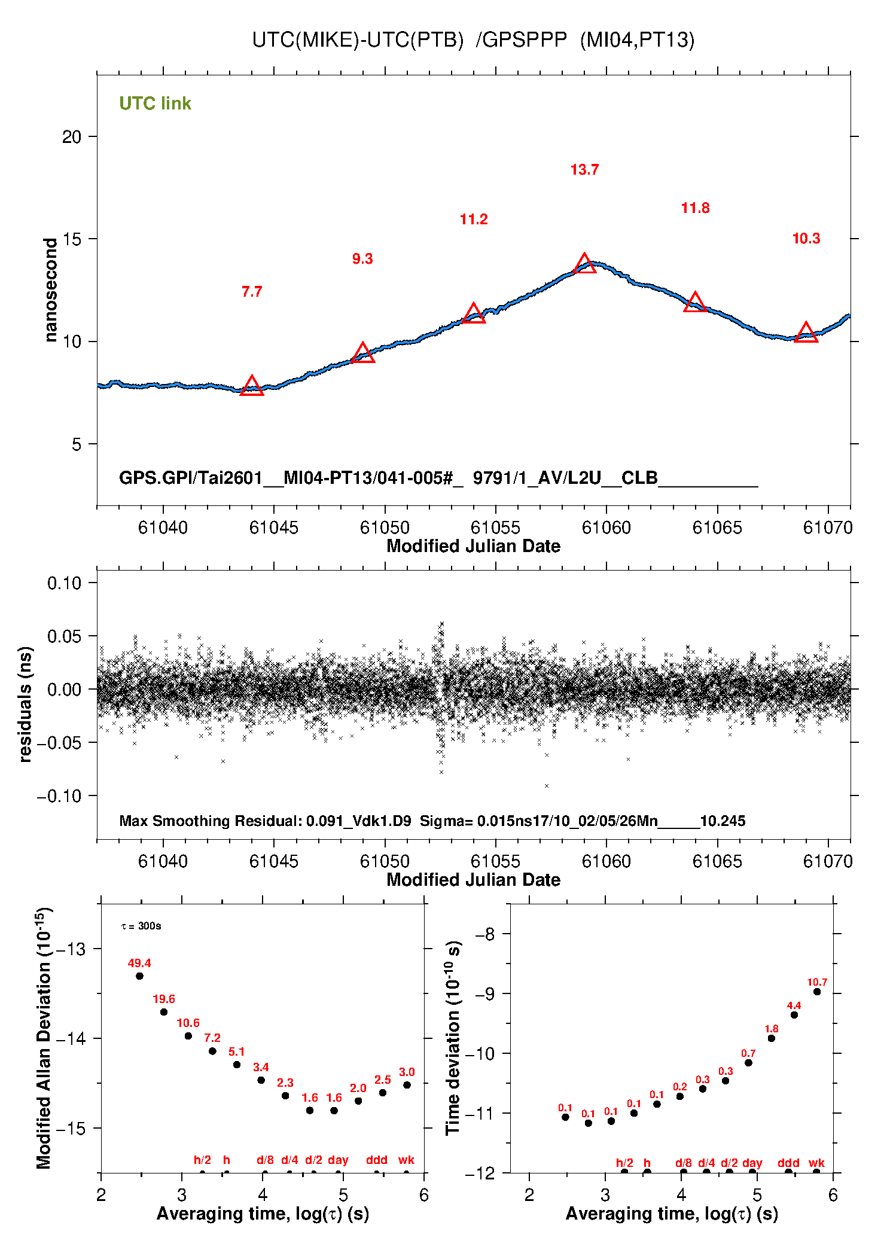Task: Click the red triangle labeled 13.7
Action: pos(584,263)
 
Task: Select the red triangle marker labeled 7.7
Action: pos(252,385)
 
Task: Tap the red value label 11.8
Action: pos(695,208)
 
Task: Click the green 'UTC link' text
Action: pos(155,103)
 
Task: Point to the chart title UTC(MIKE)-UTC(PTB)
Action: pos(358,39)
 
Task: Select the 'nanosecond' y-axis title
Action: pos(51,290)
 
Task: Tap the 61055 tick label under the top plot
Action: pos(495,528)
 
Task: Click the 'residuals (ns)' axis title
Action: pos(25,704)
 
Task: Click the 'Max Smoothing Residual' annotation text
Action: pos(209,821)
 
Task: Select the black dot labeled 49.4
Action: pos(139,976)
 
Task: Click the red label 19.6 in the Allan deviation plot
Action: pos(164,999)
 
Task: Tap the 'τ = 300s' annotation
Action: pos(141,926)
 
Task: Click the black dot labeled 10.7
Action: pos(817,992)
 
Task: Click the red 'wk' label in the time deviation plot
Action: pos(816,1163)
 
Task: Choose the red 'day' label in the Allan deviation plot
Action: pos(338,1160)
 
